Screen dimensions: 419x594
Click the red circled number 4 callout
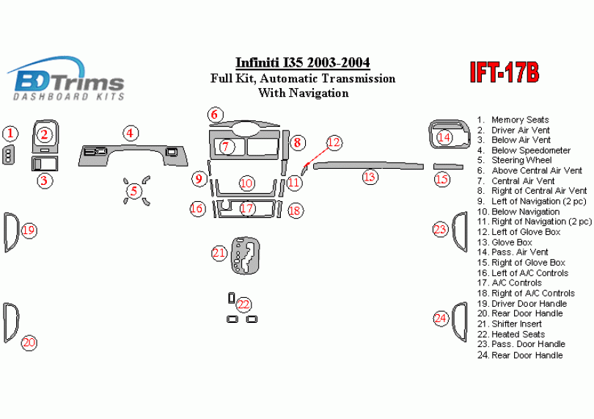[x=130, y=133]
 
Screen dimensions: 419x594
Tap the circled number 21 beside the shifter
[x=219, y=253]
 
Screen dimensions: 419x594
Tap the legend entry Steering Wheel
[x=516, y=160]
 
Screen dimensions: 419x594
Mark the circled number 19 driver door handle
[x=29, y=230]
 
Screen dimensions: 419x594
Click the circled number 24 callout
[x=440, y=318]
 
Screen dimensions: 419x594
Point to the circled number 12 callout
[x=334, y=142]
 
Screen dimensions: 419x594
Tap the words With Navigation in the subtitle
[x=303, y=93]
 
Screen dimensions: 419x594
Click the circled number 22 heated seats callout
[x=243, y=305]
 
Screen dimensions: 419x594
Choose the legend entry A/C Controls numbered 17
[x=516, y=283]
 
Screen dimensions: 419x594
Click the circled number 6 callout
[x=214, y=114]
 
